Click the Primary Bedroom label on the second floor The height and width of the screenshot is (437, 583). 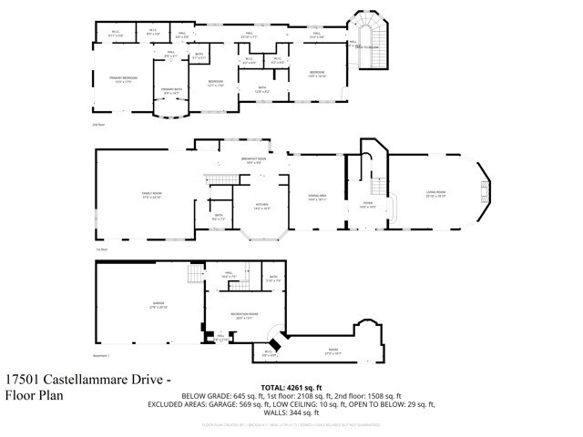tap(124, 79)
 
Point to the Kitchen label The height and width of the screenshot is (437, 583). tap(261, 206)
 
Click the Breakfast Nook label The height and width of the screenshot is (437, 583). tap(254, 160)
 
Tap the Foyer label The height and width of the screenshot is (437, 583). tap(368, 205)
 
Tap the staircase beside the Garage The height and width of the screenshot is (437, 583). tap(194, 274)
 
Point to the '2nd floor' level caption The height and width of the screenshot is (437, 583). tap(98, 124)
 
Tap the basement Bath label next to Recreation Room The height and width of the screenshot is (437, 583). tap(273, 279)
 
